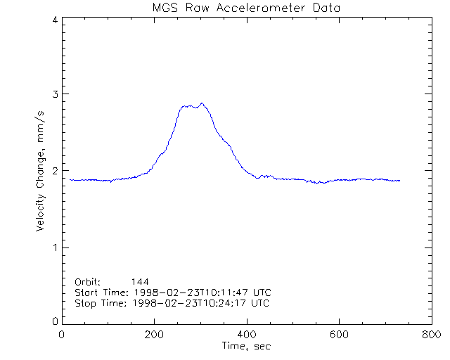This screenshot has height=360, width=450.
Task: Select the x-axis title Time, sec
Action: pos(246,347)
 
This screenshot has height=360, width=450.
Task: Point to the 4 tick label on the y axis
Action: pos(54,20)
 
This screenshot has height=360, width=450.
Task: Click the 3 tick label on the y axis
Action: pos(54,94)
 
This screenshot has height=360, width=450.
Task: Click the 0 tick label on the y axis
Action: pos(54,321)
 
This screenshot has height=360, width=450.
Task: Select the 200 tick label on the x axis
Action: pos(154,335)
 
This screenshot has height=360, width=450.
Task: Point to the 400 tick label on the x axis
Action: pos(247,335)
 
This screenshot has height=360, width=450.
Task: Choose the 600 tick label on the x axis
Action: pos(339,335)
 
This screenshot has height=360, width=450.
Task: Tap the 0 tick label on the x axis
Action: pos(63,335)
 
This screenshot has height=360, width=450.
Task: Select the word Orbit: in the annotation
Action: pos(88,281)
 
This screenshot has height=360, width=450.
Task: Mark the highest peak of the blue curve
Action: pos(202,103)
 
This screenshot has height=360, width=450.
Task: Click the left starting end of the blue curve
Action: pos(70,179)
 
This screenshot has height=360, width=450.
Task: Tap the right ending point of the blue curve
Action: pos(400,181)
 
